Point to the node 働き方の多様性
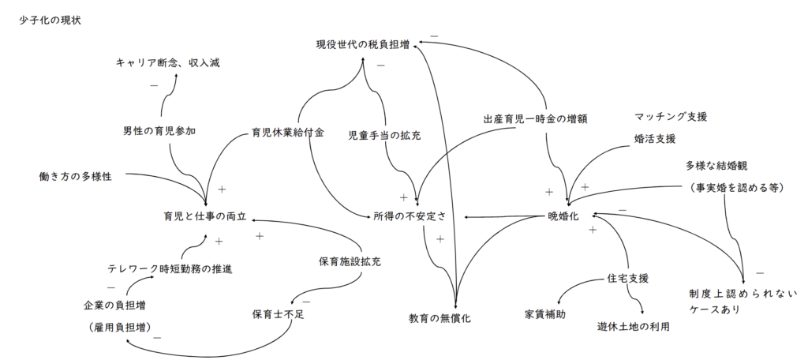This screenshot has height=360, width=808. (75, 176)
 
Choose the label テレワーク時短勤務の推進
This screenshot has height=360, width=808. (170, 269)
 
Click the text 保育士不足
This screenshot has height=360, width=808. (272, 313)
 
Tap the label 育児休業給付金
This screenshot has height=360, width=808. (288, 132)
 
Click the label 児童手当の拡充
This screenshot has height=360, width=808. (384, 135)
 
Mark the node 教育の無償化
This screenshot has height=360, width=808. (440, 319)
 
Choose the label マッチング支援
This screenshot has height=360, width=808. (670, 117)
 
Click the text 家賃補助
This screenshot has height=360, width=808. (544, 313)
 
